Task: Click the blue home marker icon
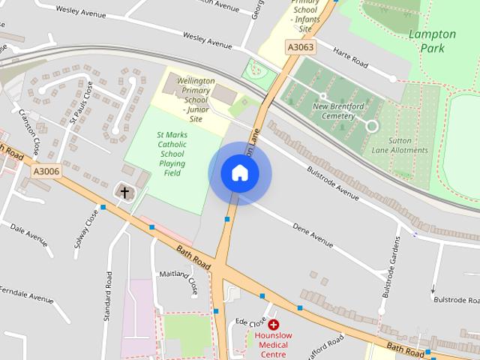tap(239, 173)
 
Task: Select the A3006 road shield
tap(46, 172)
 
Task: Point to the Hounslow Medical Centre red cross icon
tap(273, 325)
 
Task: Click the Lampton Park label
tap(431, 40)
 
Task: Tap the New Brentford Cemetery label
tap(333, 111)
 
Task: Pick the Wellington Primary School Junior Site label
tap(195, 99)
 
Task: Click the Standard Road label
tap(109, 296)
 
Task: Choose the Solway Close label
tap(83, 232)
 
